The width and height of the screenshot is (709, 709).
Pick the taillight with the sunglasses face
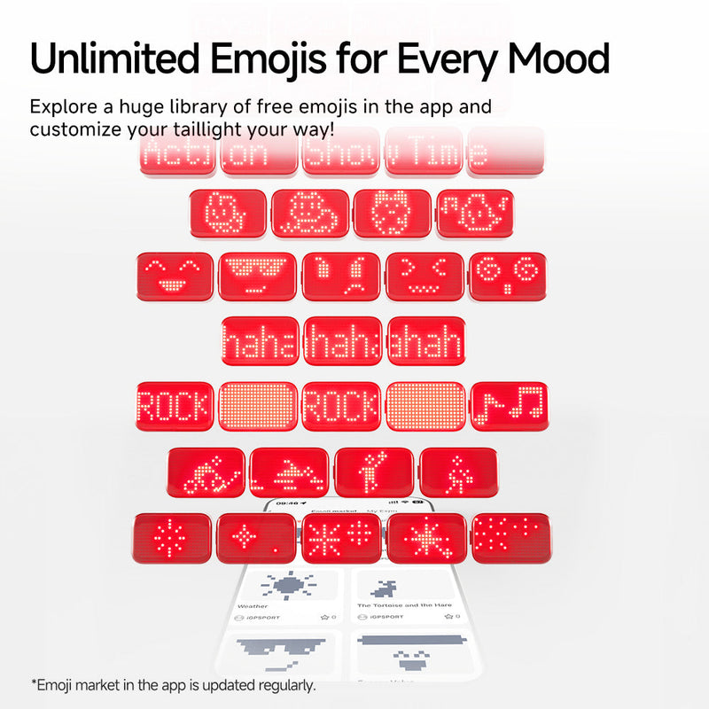pyautogui.click(x=258, y=277)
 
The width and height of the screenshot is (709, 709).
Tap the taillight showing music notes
pyautogui.click(x=509, y=407)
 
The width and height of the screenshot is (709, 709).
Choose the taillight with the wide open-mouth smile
pyautogui.click(x=175, y=277)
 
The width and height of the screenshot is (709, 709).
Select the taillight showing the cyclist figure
pyautogui.click(x=206, y=471)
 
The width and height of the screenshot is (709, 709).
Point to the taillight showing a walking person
pyautogui.click(x=457, y=471)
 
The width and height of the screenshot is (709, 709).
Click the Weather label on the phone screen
pyautogui.click(x=253, y=606)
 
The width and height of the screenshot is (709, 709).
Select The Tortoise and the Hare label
pyautogui.click(x=404, y=605)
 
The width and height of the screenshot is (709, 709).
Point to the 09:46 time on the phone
pyautogui.click(x=287, y=502)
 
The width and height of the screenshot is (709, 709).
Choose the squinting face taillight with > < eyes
pyautogui.click(x=425, y=277)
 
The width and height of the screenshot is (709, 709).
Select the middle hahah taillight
pyautogui.click(x=343, y=341)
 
